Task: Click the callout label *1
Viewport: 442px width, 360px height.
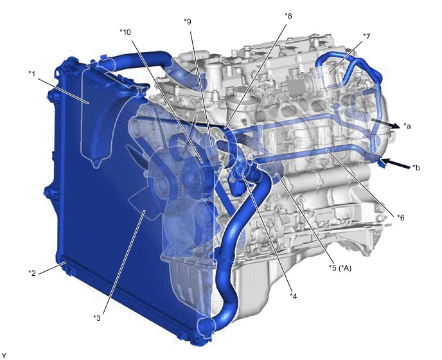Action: (32, 74)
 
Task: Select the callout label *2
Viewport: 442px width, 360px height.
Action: (32, 273)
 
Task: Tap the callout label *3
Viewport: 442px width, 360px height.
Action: (96, 318)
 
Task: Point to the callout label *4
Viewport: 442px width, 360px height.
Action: (294, 296)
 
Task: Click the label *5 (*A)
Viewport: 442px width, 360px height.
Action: (340, 267)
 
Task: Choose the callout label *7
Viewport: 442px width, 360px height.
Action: (366, 37)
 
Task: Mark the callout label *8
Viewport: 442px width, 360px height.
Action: (288, 16)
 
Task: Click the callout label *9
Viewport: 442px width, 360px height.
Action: (188, 21)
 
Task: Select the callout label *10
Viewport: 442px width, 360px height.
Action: (125, 32)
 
